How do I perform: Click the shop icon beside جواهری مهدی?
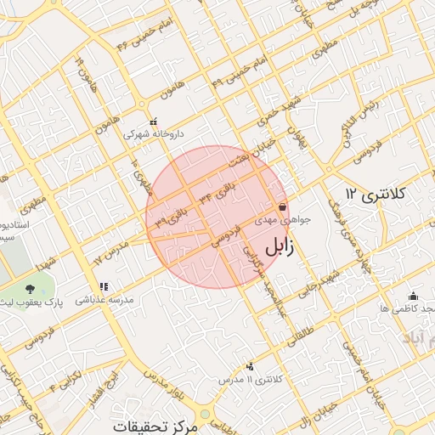[x=282, y=206]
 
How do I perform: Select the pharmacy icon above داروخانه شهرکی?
[x=153, y=121]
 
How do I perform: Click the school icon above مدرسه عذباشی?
[x=104, y=287]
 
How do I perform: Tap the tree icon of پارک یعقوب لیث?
[x=31, y=290]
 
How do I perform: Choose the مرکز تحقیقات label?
[x=158, y=425]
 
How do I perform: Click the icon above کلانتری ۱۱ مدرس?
[x=250, y=366]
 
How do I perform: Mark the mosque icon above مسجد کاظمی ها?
[x=413, y=296]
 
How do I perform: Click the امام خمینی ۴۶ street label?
[x=144, y=32]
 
